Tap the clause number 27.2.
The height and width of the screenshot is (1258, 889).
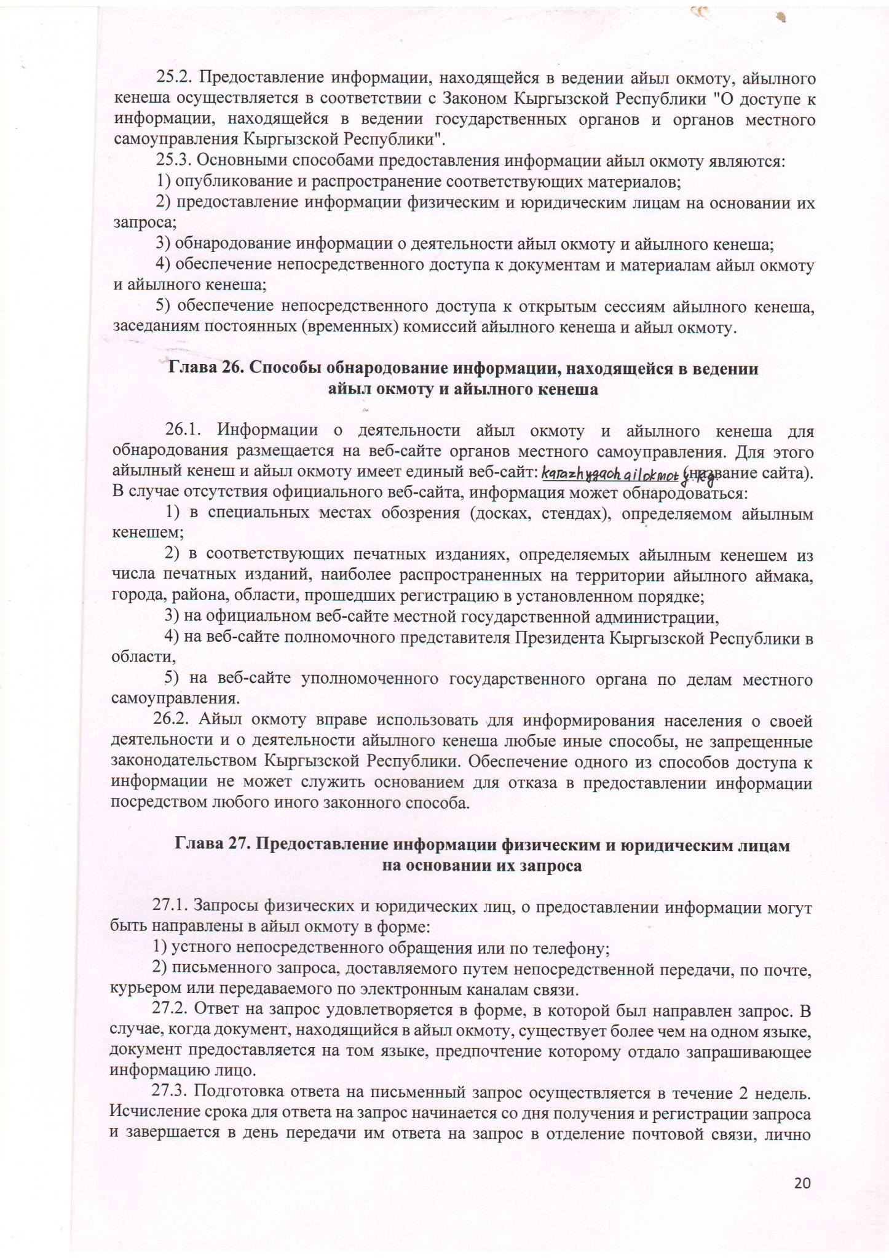[x=172, y=1011]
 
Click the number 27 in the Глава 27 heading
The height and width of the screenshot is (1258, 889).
[x=237, y=845]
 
